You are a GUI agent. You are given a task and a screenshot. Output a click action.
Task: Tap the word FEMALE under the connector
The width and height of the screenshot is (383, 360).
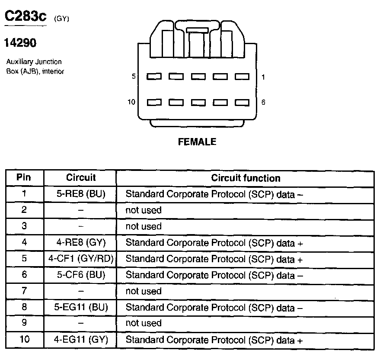pyautogui.click(x=197, y=142)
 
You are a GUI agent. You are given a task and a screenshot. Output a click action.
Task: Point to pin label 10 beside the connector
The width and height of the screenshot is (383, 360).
pyautogui.click(x=131, y=102)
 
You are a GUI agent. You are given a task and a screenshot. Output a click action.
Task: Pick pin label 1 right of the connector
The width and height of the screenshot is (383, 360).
pyautogui.click(x=263, y=77)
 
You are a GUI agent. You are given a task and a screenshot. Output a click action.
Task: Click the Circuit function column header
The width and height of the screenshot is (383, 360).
pyautogui.click(x=246, y=178)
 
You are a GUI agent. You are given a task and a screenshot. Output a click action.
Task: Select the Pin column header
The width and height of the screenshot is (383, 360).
pyautogui.click(x=24, y=177)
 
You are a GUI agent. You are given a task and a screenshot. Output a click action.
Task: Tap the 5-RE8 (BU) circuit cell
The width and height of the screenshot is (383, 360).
pyautogui.click(x=81, y=194)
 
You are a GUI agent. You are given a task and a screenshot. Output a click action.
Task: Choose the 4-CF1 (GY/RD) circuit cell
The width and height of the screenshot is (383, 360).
pyautogui.click(x=81, y=259)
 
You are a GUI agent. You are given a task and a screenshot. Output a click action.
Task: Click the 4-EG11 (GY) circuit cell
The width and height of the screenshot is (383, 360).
pyautogui.click(x=81, y=340)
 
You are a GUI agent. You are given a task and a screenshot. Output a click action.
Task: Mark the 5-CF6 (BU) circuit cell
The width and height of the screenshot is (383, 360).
pyautogui.click(x=81, y=275)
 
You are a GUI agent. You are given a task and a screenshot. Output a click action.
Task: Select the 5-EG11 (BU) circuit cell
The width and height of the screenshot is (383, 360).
pyautogui.click(x=81, y=307)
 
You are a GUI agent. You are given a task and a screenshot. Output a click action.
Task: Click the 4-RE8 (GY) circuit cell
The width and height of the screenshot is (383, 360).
pyautogui.click(x=81, y=242)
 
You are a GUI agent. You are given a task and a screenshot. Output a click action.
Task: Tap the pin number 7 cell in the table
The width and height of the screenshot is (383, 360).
pyautogui.click(x=24, y=291)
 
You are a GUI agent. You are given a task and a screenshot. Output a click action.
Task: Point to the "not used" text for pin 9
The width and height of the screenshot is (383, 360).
pyautogui.click(x=143, y=323)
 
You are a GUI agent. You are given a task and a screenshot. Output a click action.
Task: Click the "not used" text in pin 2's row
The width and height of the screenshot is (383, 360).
pyautogui.click(x=143, y=210)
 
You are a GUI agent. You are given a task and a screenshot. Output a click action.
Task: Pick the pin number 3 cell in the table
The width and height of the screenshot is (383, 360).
pyautogui.click(x=24, y=226)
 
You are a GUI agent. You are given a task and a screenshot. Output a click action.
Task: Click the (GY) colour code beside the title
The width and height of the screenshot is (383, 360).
pyautogui.click(x=62, y=19)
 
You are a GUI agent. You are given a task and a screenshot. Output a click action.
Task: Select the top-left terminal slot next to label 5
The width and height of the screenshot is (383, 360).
pyautogui.click(x=154, y=77)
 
